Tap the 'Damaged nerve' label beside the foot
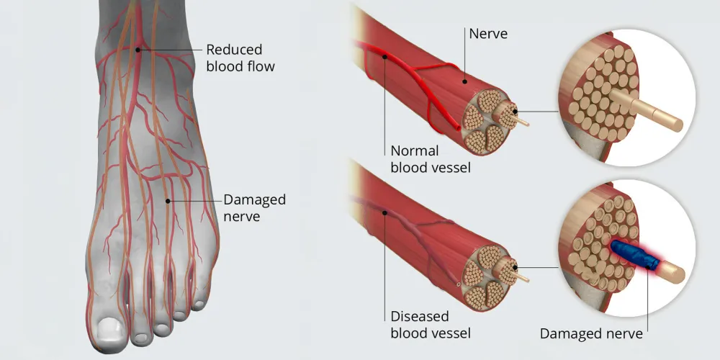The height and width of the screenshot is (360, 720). tap(254, 207)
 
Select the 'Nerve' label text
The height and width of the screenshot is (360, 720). tap(487, 34)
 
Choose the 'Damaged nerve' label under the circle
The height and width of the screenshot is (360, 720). tap(591, 333)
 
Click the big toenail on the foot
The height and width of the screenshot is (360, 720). tap(109, 330)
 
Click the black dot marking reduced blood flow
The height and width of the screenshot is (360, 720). tap(138, 50)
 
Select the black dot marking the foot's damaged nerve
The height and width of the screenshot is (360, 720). tap(167, 200)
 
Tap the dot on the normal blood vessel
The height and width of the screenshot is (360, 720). tap(385, 56)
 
